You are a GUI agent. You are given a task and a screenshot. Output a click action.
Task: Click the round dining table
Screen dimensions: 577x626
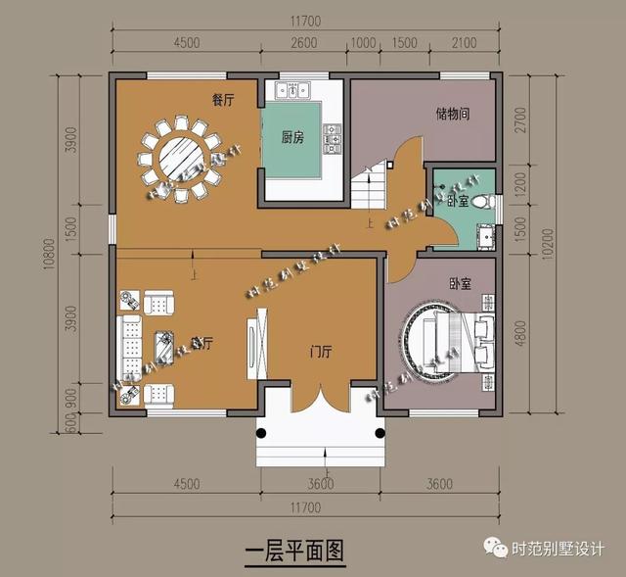[179, 158]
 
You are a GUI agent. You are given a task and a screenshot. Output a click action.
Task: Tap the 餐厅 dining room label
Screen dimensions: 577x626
[224, 100]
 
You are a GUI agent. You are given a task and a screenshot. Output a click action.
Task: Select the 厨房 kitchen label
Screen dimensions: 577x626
[291, 138]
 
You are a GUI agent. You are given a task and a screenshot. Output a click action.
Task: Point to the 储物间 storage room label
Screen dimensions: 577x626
[452, 114]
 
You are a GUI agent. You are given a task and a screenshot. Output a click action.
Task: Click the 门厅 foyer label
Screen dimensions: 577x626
[318, 351]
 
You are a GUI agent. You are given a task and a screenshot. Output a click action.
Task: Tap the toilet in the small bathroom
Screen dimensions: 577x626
[481, 202]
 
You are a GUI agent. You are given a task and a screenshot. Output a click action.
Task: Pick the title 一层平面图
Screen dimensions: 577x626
[293, 550]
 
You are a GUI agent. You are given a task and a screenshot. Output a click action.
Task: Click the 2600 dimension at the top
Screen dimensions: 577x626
[303, 41]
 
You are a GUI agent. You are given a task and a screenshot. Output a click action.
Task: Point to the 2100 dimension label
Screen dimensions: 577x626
[465, 41]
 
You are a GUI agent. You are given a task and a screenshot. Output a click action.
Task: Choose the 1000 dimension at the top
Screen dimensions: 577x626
[363, 41]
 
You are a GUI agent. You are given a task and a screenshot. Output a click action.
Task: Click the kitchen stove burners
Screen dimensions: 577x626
[332, 138]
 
